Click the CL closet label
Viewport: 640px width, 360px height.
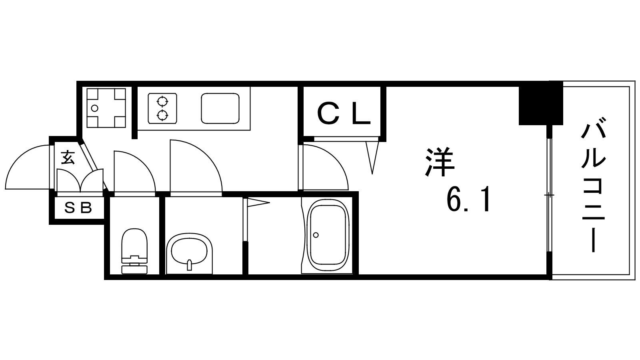(344, 114)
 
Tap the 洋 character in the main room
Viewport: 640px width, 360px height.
(440, 162)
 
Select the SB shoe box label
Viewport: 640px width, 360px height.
(78, 208)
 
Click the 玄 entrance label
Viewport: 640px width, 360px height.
(68, 158)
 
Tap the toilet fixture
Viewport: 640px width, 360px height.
(134, 251)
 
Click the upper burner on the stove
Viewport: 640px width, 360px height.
(162, 101)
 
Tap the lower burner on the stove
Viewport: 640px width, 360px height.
(162, 116)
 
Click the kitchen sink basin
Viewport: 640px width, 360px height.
(220, 108)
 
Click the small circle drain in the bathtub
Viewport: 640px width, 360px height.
(316, 235)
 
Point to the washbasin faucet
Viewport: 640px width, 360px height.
(189, 264)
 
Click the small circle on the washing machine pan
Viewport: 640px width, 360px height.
(94, 108)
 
